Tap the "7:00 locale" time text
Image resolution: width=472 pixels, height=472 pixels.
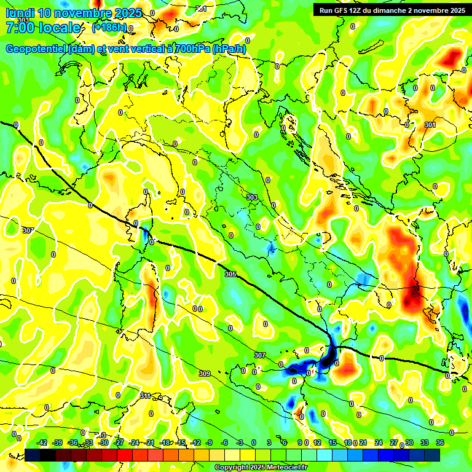(43, 28)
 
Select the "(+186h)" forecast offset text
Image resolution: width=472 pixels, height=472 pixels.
(109, 28)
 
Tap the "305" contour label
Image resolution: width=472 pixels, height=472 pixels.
(230, 274)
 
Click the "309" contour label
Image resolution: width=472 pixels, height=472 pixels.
(205, 374)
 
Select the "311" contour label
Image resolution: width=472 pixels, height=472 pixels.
(145, 395)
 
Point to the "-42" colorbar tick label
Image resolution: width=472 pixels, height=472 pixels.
(42, 442)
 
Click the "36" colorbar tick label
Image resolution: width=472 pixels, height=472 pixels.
(440, 442)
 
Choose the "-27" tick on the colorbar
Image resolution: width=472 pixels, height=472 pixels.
(119, 442)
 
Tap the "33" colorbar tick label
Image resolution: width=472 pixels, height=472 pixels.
(425, 442)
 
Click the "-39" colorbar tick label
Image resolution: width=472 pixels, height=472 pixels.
(58, 442)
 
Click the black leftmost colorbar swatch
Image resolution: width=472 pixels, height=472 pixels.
(33, 455)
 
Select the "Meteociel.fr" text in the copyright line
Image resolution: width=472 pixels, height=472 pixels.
(284, 468)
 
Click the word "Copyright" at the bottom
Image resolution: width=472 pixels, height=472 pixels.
(230, 468)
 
